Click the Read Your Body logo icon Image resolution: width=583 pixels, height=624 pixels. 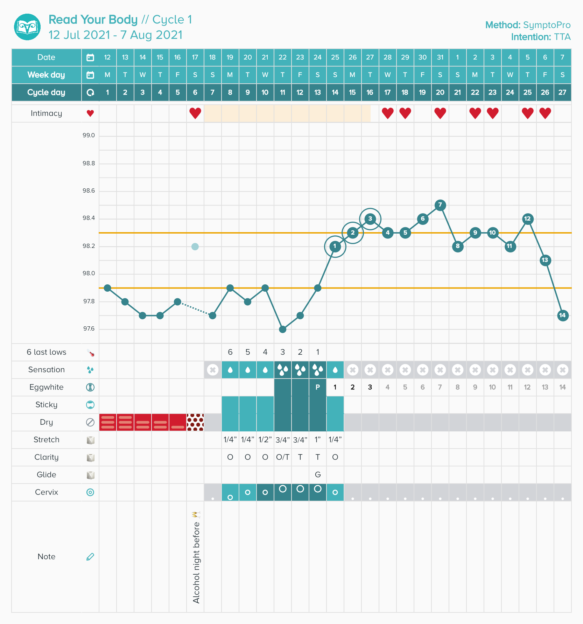click(x=27, y=27)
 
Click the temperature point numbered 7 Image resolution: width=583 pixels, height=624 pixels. click(x=440, y=205)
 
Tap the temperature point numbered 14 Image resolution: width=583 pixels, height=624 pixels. click(x=563, y=315)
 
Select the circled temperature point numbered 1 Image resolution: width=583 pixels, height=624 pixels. click(x=335, y=246)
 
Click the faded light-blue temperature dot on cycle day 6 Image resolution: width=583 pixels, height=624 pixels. click(x=195, y=247)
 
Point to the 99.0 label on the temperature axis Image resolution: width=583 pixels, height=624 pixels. click(x=89, y=136)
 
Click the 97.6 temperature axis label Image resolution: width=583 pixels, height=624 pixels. click(x=89, y=329)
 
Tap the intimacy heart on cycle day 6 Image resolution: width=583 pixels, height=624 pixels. click(x=195, y=113)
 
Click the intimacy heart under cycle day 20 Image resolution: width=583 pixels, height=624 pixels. click(x=440, y=113)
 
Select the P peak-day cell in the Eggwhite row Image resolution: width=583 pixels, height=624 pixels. click(x=318, y=387)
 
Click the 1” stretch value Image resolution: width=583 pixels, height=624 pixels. click(x=318, y=440)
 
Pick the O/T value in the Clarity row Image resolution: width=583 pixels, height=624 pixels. click(x=283, y=457)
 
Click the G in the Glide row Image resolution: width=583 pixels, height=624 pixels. click(x=318, y=475)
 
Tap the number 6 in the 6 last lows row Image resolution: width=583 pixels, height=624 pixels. click(x=230, y=352)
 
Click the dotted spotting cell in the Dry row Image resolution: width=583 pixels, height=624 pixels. click(x=195, y=422)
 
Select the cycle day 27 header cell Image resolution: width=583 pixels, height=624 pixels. click(x=562, y=92)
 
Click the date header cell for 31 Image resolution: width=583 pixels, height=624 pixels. click(x=440, y=57)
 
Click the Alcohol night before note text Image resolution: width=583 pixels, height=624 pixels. click(x=196, y=562)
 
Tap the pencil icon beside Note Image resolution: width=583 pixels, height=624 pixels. click(x=90, y=557)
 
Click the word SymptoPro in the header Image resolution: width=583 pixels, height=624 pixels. click(x=547, y=25)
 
